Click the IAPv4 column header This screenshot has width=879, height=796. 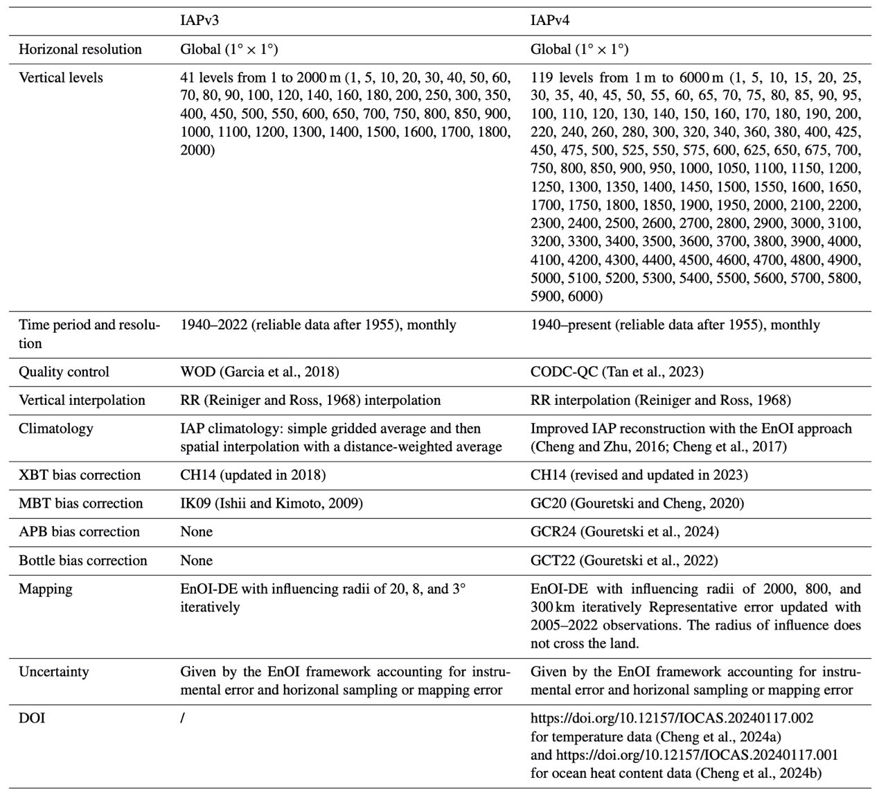coord(550,21)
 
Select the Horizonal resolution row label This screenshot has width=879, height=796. coord(80,49)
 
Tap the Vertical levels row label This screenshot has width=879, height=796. coord(61,78)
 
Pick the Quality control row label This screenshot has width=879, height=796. coord(64,372)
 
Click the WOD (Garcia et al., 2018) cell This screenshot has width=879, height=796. coord(260,372)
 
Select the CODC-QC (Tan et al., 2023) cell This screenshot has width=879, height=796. coord(616,372)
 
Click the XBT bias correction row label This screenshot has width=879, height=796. coord(80,475)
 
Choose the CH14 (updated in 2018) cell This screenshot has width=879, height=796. coord(253,475)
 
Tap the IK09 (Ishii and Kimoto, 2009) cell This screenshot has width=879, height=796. coord(272,503)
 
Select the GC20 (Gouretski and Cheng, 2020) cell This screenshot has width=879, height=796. coord(637,503)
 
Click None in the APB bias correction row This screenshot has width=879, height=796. coord(197,532)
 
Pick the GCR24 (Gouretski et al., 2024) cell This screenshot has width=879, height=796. coord(624,532)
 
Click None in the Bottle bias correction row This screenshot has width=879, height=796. coord(197,560)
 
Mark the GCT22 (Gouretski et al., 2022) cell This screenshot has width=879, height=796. coord(624,560)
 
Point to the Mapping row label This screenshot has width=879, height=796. coord(46,589)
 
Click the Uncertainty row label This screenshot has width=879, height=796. coord(55,672)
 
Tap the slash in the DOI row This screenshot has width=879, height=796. coord(183,718)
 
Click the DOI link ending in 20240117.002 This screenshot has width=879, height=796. coord(672,718)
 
